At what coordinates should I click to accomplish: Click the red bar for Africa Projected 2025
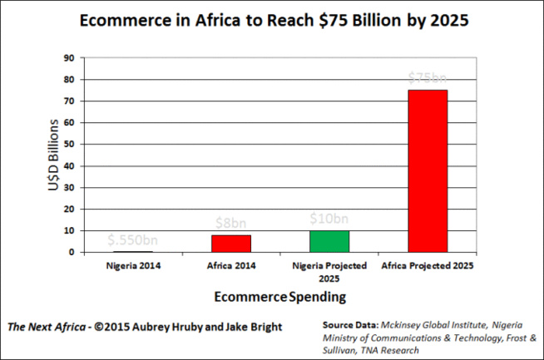pyautogui.click(x=428, y=170)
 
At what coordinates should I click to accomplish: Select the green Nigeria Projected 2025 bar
pyautogui.click(x=329, y=241)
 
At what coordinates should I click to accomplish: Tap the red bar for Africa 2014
pyautogui.click(x=230, y=243)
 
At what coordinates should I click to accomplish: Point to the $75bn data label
pyautogui.click(x=428, y=77)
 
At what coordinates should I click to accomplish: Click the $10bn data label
pyautogui.click(x=329, y=219)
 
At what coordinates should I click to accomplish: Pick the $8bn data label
pyautogui.click(x=230, y=223)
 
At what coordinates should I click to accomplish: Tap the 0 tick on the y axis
pyautogui.click(x=72, y=252)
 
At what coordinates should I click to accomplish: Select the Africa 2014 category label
pyautogui.click(x=230, y=266)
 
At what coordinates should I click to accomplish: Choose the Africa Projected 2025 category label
pyautogui.click(x=428, y=266)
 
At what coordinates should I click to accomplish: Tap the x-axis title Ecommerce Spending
pyautogui.click(x=279, y=296)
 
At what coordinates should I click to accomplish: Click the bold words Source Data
pyautogui.click(x=349, y=322)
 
